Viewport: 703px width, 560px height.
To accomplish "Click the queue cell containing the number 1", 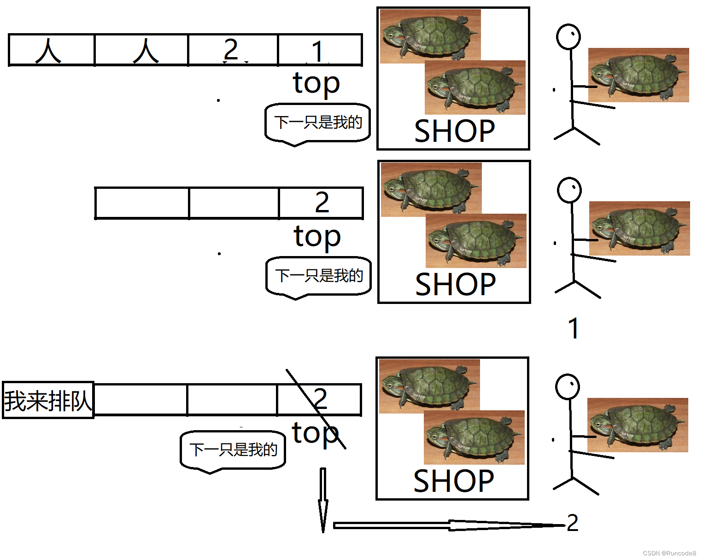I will [x=320, y=50].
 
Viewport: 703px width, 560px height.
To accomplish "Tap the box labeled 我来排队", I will [x=48, y=400].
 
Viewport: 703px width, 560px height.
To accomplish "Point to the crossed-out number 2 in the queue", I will [x=320, y=399].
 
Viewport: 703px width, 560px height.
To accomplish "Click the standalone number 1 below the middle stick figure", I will [x=573, y=328].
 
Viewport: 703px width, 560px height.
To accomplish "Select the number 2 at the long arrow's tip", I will [x=572, y=523].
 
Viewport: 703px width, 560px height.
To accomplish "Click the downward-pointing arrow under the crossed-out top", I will [x=323, y=500].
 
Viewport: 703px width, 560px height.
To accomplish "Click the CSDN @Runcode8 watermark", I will [x=669, y=553].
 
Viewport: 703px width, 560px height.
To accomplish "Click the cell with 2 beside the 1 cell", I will [x=233, y=50].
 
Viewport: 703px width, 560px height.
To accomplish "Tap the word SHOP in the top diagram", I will [x=454, y=131].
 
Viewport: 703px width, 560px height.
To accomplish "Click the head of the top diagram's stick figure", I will [x=568, y=37].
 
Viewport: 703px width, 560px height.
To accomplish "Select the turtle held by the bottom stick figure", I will [x=638, y=425].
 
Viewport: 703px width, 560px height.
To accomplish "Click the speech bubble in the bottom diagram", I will [x=233, y=450].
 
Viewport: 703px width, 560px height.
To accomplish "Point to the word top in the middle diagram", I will [x=317, y=237].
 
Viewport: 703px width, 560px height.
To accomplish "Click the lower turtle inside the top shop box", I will [x=475, y=87].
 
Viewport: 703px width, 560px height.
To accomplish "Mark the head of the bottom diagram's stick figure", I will [x=567, y=387].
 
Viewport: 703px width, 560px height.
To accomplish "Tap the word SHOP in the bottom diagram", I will [x=453, y=481].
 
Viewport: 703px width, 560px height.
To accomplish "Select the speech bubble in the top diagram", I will [x=318, y=123].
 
